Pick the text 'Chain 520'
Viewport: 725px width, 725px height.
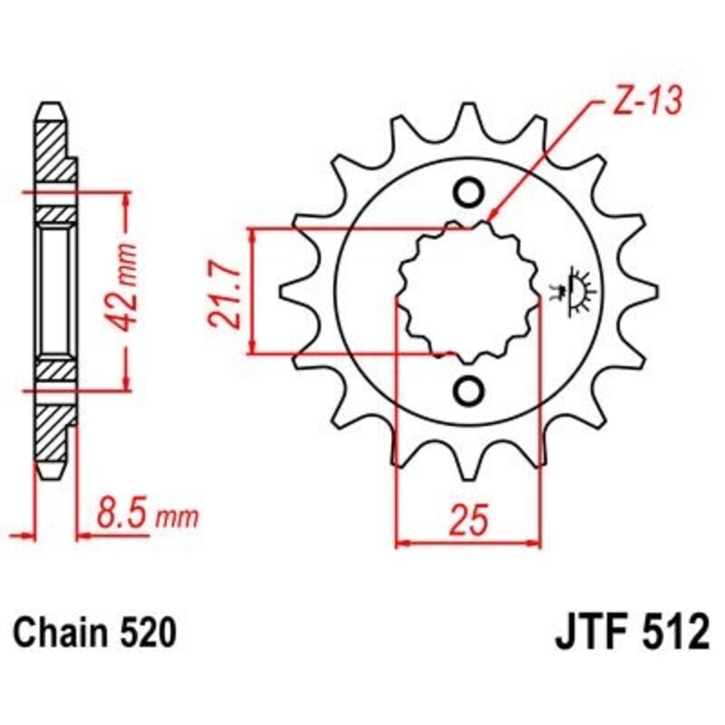click(x=94, y=632)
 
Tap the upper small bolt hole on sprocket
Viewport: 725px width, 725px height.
click(x=469, y=192)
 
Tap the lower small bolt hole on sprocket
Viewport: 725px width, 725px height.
click(x=469, y=390)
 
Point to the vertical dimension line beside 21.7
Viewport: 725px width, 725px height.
click(x=255, y=290)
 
